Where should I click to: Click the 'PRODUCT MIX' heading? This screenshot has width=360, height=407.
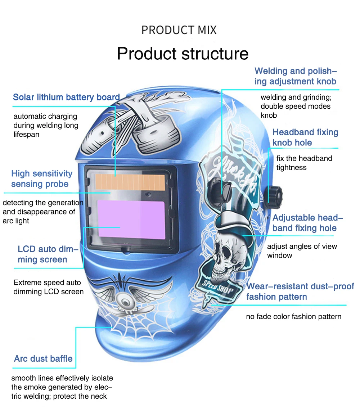click(179, 30)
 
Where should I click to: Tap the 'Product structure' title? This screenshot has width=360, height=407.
click(183, 54)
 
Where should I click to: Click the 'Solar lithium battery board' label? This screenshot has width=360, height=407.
click(66, 97)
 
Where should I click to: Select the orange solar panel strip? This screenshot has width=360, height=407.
click(130, 182)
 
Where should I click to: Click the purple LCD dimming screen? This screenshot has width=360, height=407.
click(131, 220)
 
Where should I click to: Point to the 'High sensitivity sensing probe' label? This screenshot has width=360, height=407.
click(42, 178)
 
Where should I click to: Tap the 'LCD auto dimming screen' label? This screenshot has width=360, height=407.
click(48, 254)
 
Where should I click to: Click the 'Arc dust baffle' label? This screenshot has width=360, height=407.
click(43, 358)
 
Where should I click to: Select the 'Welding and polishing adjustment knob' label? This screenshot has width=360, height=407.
click(296, 76)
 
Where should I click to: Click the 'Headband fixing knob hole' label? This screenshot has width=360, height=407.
click(305, 137)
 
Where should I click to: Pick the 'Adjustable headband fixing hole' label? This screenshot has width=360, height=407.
click(307, 223)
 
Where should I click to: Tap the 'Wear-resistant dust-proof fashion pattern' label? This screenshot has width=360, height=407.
click(300, 291)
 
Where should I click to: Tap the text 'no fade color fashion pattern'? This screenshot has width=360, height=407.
click(294, 316)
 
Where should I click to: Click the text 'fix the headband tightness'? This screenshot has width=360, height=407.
click(304, 163)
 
